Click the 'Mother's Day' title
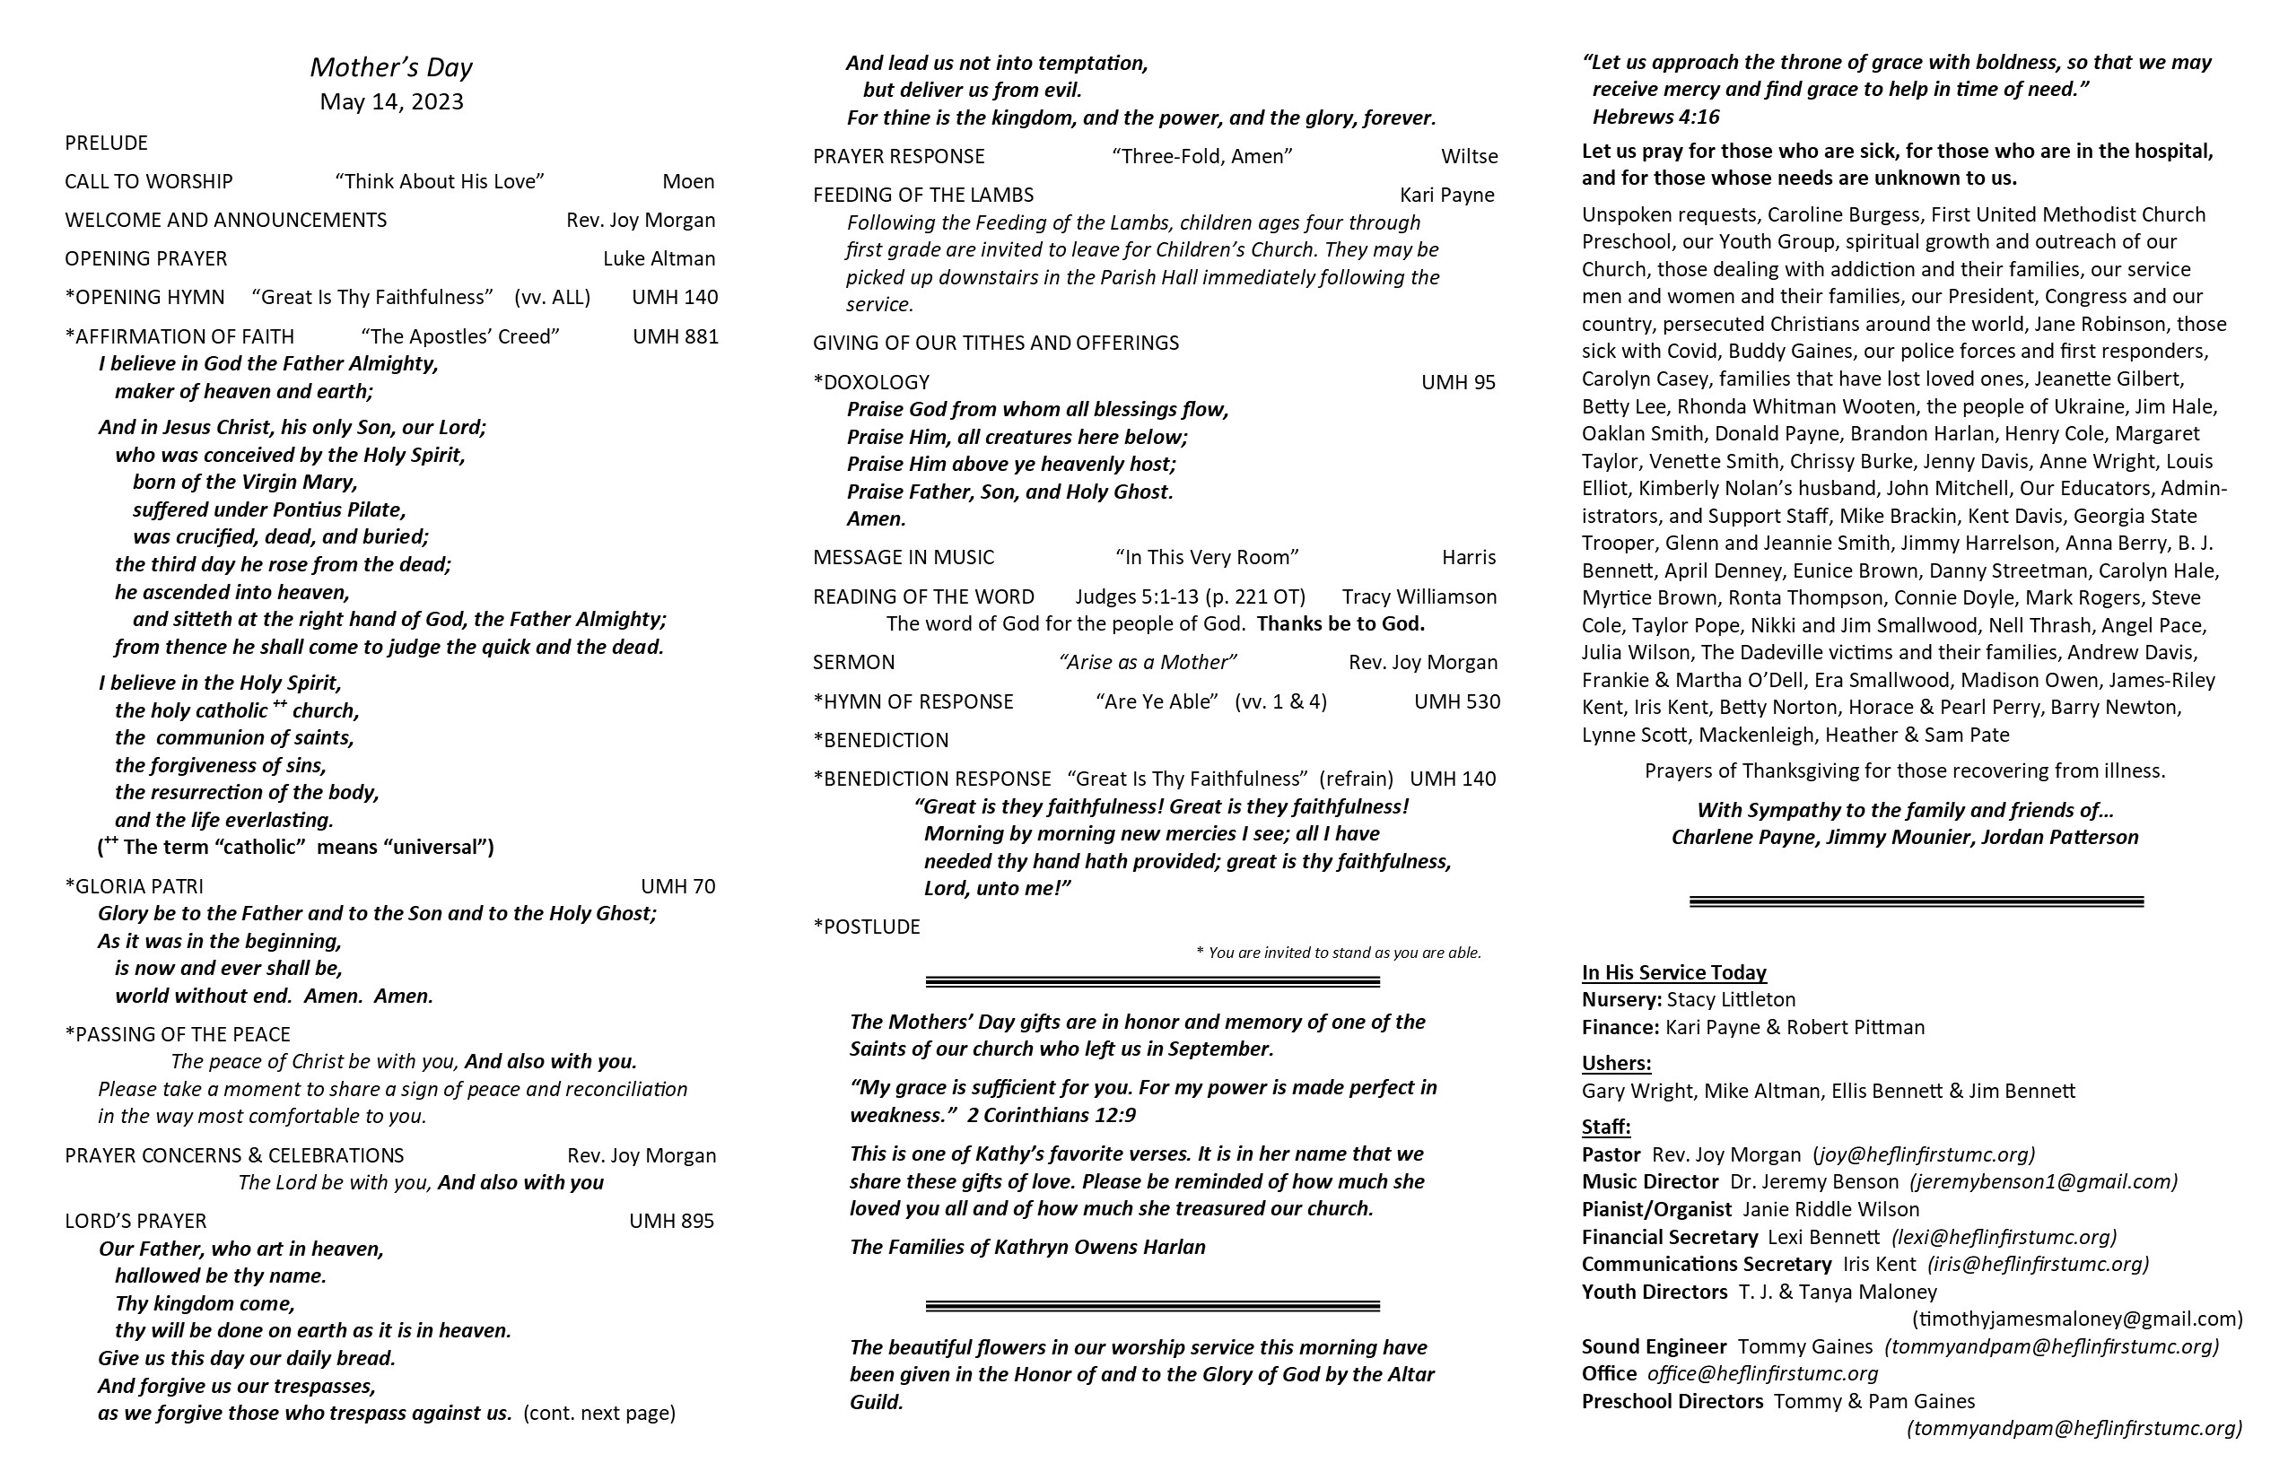click(391, 67)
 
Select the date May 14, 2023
click(391, 102)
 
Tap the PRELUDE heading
click(106, 144)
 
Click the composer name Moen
click(688, 181)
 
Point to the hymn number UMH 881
click(675, 336)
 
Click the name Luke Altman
click(659, 258)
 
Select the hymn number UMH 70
click(677, 886)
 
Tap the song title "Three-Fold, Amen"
click(1201, 157)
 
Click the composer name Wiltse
click(1469, 157)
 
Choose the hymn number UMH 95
click(1458, 382)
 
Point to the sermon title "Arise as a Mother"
click(1148, 662)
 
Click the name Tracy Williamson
click(1419, 596)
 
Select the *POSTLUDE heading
click(866, 927)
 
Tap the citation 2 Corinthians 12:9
click(1052, 1115)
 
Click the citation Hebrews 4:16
click(1655, 118)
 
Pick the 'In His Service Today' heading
click(1673, 972)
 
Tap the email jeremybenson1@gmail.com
click(2043, 1181)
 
